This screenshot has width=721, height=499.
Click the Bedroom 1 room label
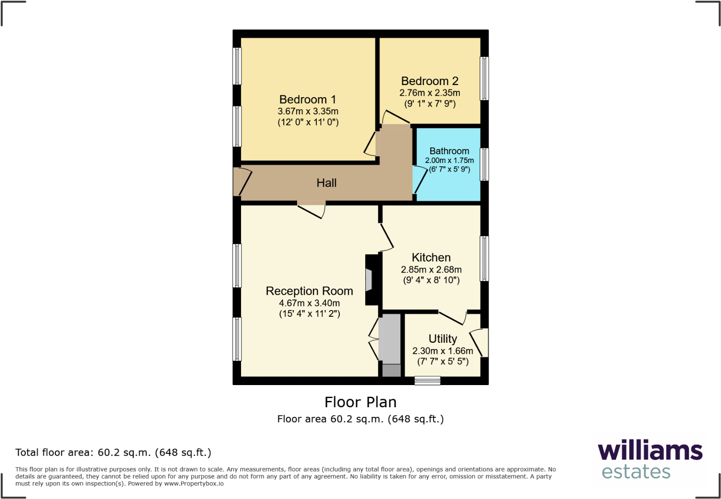tap(308, 100)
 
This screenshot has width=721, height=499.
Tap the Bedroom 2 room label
tap(430, 81)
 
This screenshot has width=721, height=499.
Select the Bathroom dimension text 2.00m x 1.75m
tap(449, 161)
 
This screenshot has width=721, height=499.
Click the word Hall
tap(326, 183)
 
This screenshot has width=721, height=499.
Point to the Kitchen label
tap(431, 258)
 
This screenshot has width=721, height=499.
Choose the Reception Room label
tap(309, 291)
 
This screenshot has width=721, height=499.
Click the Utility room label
tap(443, 339)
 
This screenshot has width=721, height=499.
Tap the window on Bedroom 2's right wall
tap(484, 78)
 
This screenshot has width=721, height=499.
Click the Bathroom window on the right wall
tap(484, 164)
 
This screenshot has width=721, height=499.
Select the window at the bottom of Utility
tap(427, 381)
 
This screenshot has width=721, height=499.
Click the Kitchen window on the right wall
tap(484, 259)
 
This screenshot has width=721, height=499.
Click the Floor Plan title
tap(360, 402)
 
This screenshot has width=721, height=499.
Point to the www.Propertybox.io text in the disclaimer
tap(194, 484)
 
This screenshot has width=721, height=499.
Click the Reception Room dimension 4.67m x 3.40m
tap(309, 303)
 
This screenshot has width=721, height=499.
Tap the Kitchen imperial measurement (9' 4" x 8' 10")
tap(431, 280)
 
